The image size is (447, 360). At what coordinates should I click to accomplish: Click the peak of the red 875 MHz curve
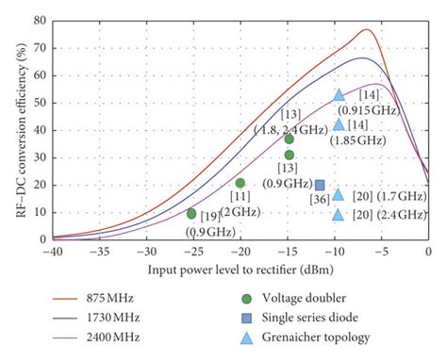366,30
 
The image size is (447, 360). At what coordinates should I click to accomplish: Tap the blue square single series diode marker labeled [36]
320,185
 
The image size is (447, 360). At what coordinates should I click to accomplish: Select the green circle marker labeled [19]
191,214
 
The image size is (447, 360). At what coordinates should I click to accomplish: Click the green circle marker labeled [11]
240,183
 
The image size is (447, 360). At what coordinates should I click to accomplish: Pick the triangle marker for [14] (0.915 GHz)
339,95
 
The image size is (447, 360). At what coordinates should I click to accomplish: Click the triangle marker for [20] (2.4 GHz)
339,215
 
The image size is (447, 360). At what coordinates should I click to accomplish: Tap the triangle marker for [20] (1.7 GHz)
339,194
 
